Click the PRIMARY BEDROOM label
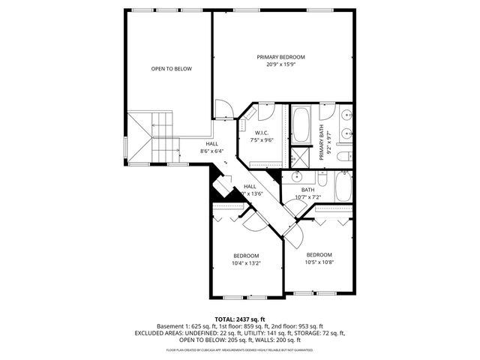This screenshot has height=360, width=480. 281,57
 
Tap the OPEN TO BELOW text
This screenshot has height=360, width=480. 171,69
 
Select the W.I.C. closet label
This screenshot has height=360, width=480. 262,133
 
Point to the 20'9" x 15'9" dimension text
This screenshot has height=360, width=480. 281,64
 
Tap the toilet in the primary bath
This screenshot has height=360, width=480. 343,156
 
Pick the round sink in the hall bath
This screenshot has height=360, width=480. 297,178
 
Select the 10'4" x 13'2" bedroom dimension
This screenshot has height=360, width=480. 245,263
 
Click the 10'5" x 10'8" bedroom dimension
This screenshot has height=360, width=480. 319,262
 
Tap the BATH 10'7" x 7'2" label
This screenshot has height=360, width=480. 307,193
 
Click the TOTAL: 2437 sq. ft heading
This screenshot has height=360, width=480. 240,319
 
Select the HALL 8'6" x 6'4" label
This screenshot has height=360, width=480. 212,148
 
